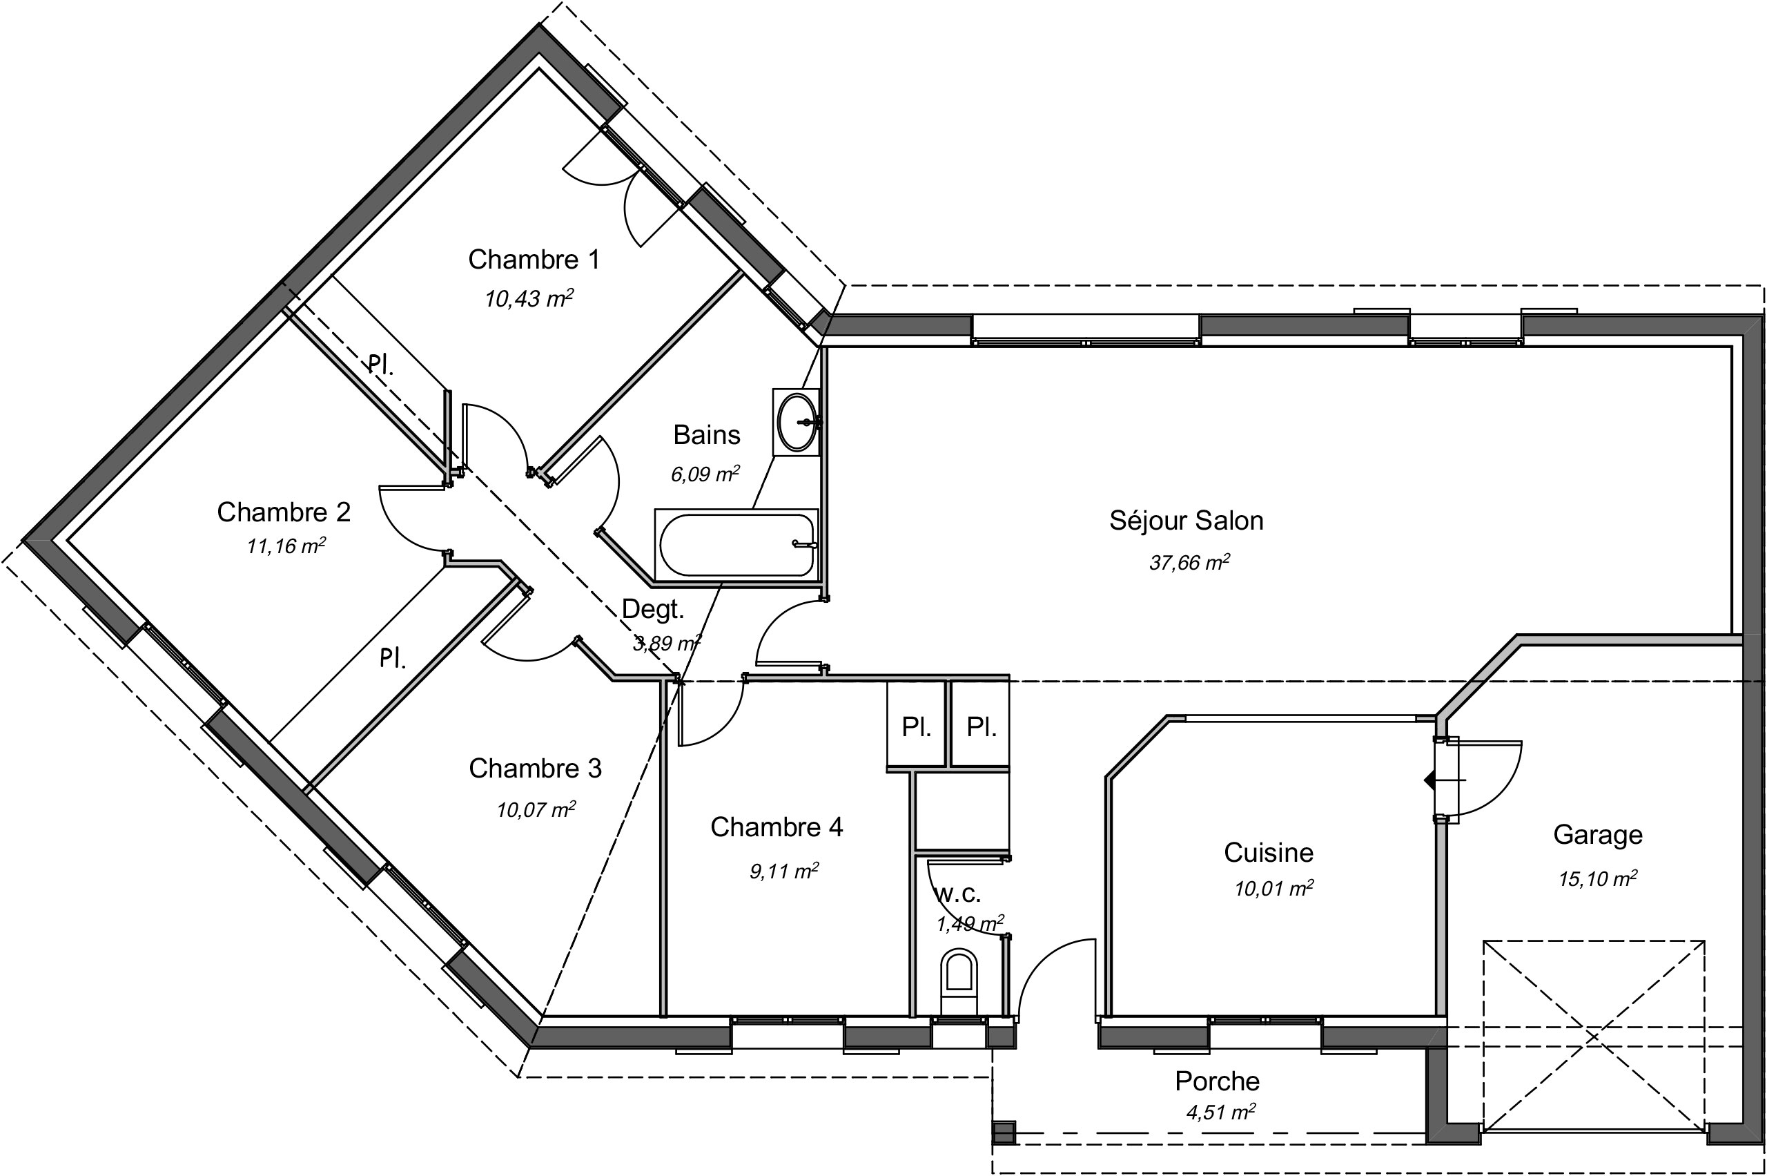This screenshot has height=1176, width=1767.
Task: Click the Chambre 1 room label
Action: coord(534,260)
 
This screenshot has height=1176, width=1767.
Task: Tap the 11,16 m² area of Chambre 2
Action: coord(286,546)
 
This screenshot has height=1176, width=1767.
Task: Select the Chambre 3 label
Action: coord(535,768)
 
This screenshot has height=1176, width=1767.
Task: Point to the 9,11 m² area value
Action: coord(783,871)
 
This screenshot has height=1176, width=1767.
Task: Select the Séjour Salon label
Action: coord(1186,521)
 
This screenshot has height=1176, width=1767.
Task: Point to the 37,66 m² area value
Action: coord(1189,563)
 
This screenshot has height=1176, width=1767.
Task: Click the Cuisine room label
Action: coord(1269,852)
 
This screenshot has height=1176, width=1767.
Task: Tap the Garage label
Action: coord(1598,835)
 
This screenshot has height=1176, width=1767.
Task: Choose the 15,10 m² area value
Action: coord(1598,878)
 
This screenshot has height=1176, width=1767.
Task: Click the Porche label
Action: coord(1217,1081)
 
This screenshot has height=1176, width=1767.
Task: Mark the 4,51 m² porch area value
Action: coord(1220,1112)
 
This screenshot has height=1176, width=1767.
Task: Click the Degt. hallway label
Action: coord(653,610)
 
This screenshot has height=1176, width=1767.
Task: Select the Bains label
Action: coord(706,435)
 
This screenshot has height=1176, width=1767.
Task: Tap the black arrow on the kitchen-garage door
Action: coord(1429,781)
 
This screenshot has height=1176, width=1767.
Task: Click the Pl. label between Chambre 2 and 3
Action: coord(392,659)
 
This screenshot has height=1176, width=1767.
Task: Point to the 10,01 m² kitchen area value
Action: coord(1273,889)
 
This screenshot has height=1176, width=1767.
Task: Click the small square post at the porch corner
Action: coord(1003,1132)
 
